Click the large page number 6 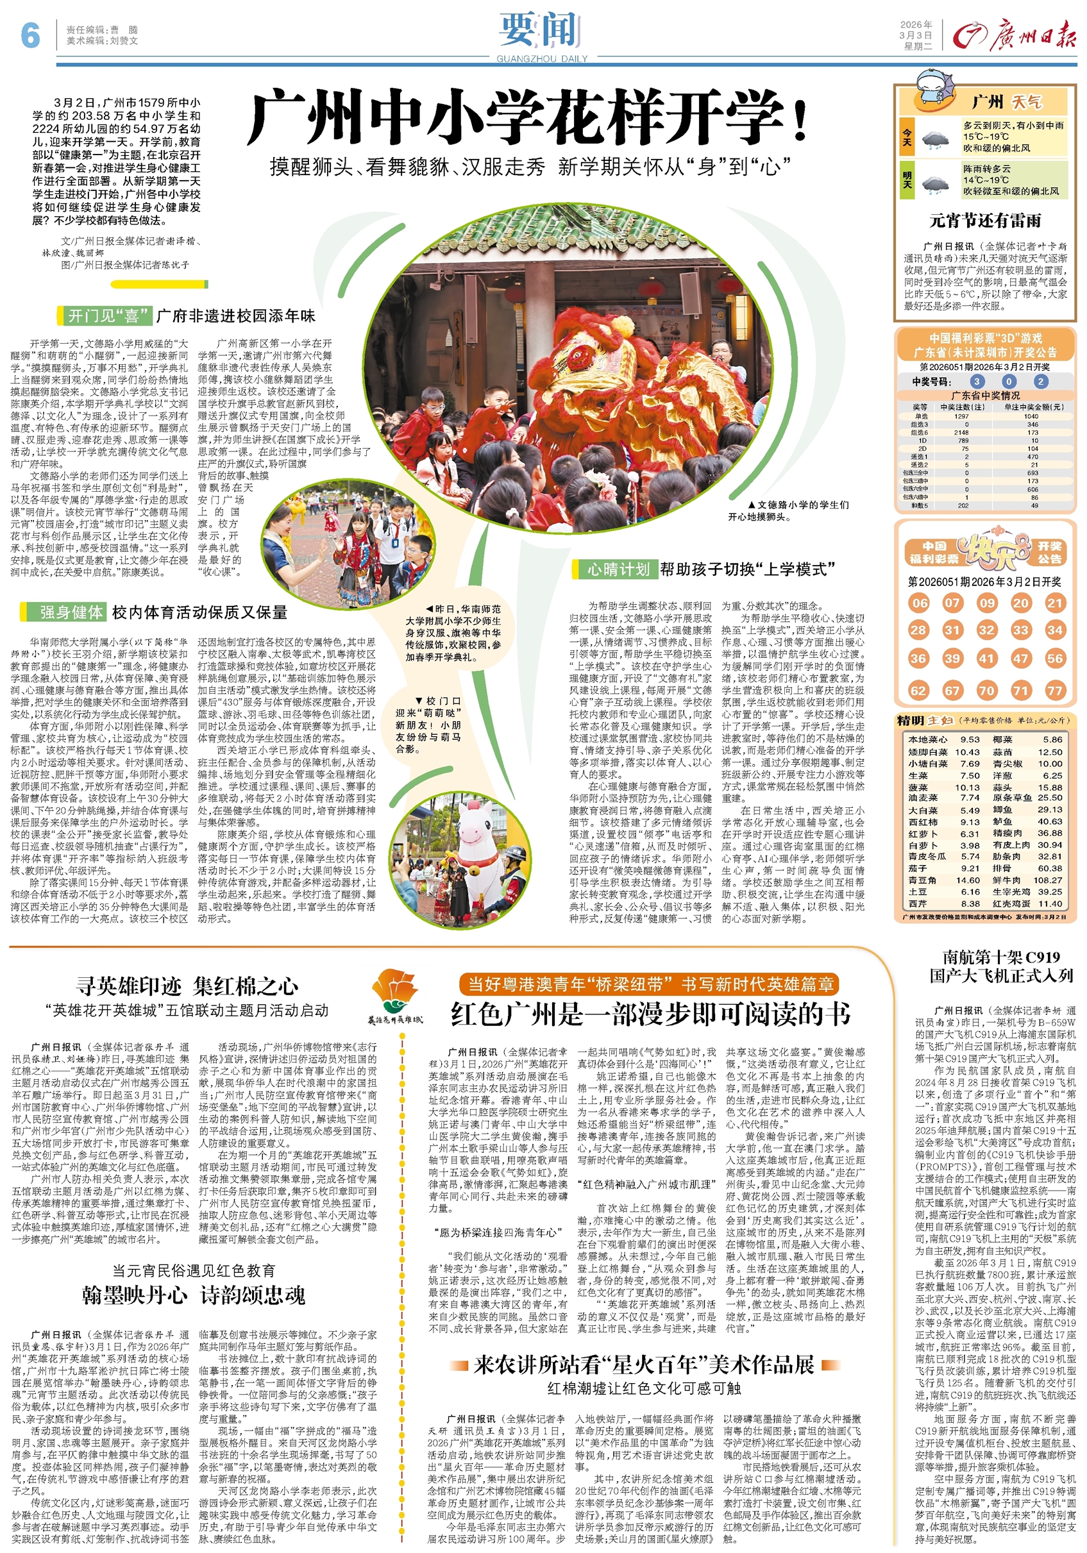point(30,35)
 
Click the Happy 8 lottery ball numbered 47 point(1020,658)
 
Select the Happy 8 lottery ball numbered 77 point(1054,691)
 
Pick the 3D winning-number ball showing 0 point(1009,382)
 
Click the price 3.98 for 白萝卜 point(970,845)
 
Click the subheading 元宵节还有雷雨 point(985,221)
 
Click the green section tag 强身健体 point(71,612)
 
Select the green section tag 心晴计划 point(618,569)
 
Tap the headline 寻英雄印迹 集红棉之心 point(187,986)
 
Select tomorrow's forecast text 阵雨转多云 point(986,169)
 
